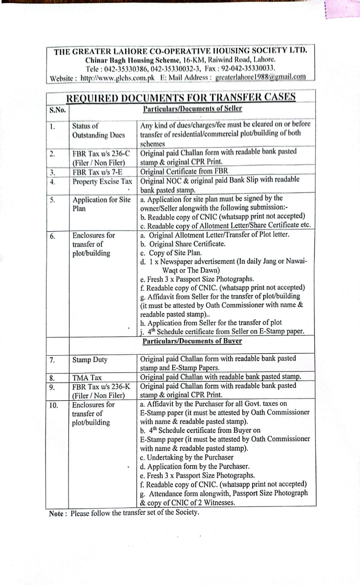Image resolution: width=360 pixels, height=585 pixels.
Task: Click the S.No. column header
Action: click(58, 110)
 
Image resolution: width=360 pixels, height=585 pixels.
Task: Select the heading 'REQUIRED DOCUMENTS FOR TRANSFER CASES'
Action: click(181, 97)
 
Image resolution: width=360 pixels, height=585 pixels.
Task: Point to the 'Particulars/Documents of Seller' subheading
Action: click(192, 109)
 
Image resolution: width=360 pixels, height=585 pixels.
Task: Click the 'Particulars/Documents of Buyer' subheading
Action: click(192, 341)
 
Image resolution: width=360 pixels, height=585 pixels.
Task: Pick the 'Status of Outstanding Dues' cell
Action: click(98, 130)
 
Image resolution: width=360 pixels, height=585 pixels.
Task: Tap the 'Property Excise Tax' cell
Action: click(102, 181)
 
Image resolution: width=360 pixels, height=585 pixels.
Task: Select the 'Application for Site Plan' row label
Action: click(101, 204)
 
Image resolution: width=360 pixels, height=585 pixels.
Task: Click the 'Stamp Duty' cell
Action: click(90, 360)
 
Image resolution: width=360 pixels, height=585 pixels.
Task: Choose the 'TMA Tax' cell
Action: click(87, 378)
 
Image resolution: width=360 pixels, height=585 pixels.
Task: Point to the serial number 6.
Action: click(53, 236)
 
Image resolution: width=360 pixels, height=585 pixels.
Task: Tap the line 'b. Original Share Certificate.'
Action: click(183, 244)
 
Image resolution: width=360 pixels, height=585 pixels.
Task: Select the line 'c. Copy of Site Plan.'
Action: click(171, 253)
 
